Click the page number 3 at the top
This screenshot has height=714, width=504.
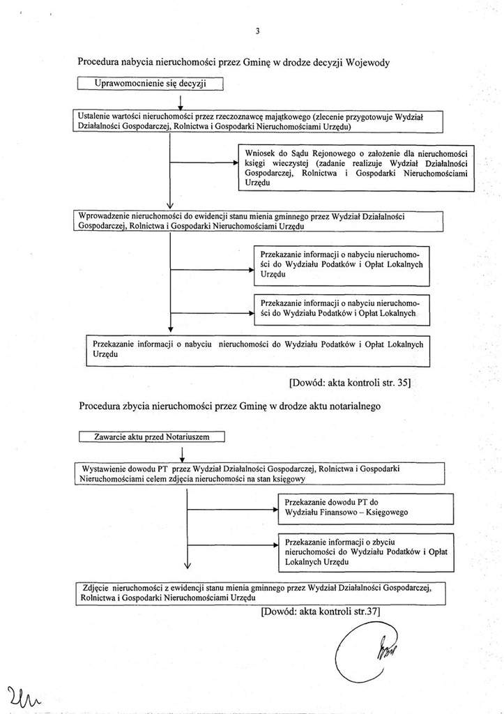coord(257,31)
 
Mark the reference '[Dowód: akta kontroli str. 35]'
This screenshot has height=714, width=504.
coord(351,382)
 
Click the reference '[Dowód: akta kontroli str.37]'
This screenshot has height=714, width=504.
coord(320,612)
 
